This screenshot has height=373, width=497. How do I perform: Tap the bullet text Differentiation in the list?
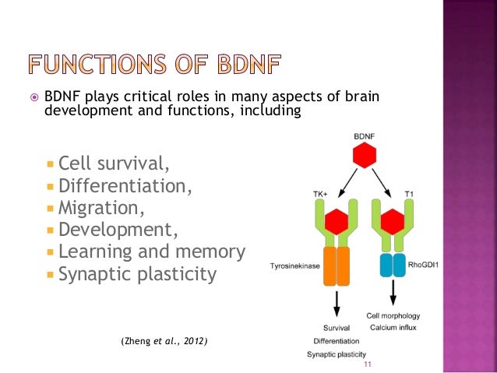click(125, 187)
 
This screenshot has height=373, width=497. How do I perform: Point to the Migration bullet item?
click(102, 209)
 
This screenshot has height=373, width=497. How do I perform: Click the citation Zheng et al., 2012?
click(164, 342)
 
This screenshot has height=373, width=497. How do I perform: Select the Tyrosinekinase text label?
click(294, 266)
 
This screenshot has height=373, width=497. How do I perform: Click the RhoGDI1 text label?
click(426, 265)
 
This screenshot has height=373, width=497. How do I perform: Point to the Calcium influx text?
click(393, 327)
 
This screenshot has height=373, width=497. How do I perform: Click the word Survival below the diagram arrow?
click(337, 327)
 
